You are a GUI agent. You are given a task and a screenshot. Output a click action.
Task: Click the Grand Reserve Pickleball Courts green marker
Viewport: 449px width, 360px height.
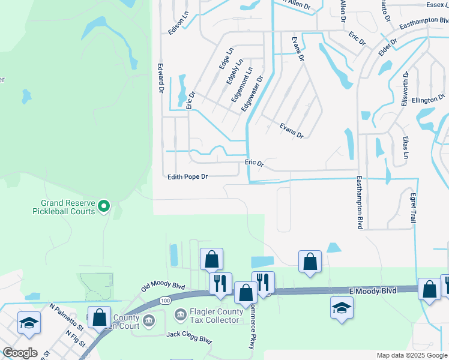pyautogui.click(x=103, y=206)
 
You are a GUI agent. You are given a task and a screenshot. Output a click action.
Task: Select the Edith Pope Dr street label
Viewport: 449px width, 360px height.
pyautogui.click(x=187, y=176)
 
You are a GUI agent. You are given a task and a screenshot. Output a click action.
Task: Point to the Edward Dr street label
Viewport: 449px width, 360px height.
pyautogui.click(x=161, y=79)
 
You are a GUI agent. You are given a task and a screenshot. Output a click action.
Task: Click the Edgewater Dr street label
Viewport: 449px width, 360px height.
pyautogui.click(x=252, y=93)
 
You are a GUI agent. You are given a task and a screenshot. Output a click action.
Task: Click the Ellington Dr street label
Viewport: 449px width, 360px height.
pyautogui.click(x=429, y=99)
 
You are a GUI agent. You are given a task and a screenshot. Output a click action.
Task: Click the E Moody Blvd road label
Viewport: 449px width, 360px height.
pyautogui.click(x=373, y=290)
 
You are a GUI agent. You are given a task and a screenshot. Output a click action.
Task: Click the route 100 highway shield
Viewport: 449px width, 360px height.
pyautogui.click(x=165, y=299)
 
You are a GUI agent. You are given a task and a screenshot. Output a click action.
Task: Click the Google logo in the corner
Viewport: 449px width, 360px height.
pyautogui.click(x=20, y=353)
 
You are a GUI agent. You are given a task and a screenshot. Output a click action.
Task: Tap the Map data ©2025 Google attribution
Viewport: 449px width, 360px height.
pyautogui.click(x=411, y=355)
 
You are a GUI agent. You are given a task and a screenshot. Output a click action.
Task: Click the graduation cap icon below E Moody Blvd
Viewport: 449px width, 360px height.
pyautogui.click(x=342, y=308)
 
